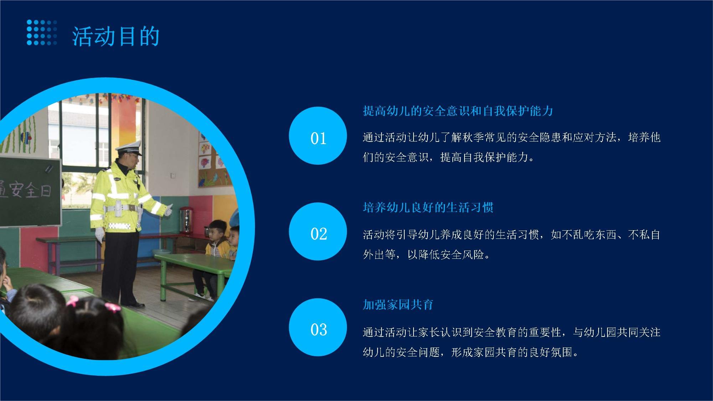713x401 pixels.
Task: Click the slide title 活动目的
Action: coord(116,36)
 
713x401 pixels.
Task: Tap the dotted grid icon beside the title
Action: coord(42,32)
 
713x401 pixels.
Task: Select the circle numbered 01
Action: coord(318,135)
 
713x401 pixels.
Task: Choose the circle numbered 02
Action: coord(318,231)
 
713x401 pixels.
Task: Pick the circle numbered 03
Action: coord(318,327)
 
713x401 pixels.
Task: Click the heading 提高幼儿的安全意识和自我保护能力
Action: coord(458,111)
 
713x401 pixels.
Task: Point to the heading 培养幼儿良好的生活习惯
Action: coord(428,207)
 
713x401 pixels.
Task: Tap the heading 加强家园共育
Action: coord(398,304)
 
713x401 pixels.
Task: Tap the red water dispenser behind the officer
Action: coord(185,220)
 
